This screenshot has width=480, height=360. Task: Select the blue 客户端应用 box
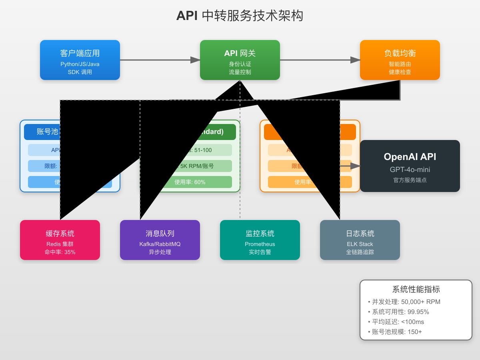(80, 60)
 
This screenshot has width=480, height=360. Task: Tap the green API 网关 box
(240, 60)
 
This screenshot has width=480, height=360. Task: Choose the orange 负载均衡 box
(400, 60)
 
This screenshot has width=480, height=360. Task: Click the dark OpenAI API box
(410, 166)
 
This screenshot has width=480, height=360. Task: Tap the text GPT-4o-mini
(410, 170)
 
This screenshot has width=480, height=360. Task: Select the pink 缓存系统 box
(60, 240)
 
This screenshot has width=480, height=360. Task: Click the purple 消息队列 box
(160, 240)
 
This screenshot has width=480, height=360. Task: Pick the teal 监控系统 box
(260, 240)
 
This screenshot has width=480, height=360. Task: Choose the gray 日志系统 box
(360, 240)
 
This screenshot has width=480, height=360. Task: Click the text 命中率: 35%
(60, 252)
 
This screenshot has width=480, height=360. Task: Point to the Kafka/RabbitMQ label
(160, 244)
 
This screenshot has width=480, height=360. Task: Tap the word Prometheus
(260, 244)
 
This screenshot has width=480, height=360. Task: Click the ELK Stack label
(360, 244)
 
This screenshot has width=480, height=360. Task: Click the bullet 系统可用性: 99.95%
(400, 312)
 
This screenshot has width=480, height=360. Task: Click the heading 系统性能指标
(416, 290)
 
